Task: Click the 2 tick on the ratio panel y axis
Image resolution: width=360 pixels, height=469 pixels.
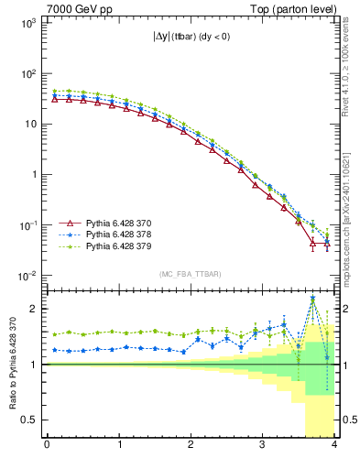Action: pos(33,309)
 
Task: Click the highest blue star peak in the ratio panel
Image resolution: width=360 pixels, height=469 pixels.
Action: pos(312,299)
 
